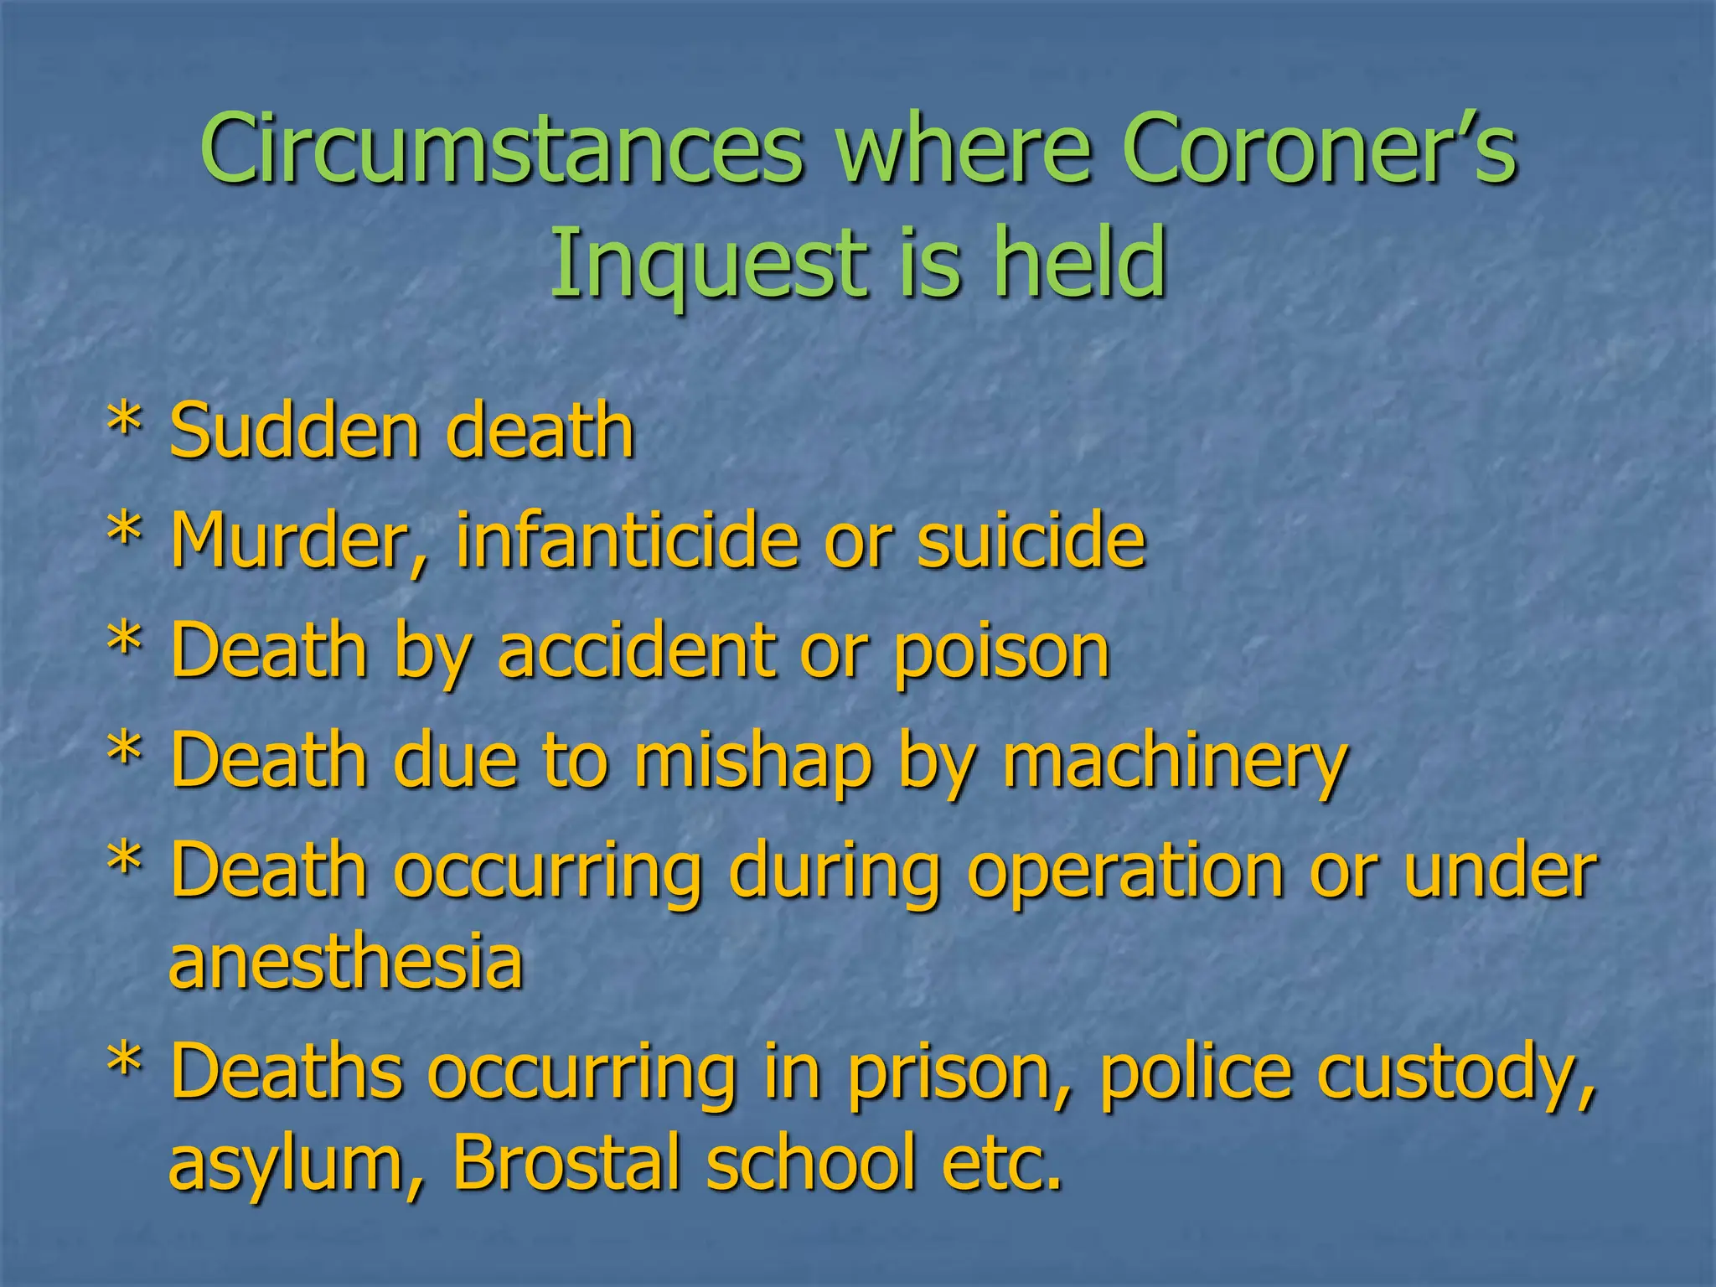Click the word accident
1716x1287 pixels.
(x=637, y=651)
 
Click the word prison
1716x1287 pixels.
(x=955, y=1073)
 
